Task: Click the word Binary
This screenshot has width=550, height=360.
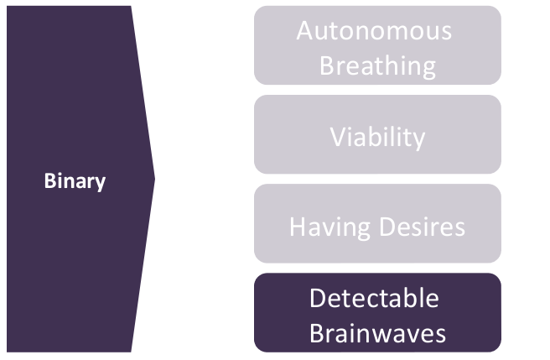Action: coord(75,180)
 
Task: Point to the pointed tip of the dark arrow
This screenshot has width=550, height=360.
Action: coord(154,178)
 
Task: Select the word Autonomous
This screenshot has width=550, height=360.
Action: coord(374,32)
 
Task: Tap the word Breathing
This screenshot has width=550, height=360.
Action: coord(377,65)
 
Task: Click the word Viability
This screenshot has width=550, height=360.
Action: coord(377,135)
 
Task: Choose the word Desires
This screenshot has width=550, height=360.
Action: coord(422,227)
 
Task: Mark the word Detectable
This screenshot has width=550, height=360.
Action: coord(374,299)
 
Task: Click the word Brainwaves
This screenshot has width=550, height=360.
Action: coord(377,333)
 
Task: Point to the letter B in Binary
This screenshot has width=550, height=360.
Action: coord(49,180)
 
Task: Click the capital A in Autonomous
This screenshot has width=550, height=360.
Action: coord(305,32)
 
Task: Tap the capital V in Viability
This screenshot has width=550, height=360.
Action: coord(336,135)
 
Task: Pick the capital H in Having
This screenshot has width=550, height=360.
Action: coord(297,227)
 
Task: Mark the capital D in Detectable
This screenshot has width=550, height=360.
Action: coord(317,299)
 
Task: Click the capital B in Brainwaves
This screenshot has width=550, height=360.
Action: coord(316,333)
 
